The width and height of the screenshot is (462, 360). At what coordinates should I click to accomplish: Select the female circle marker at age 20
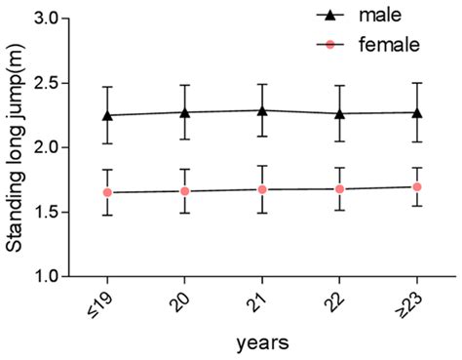click(185, 191)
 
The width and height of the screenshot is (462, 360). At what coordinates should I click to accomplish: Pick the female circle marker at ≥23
click(417, 186)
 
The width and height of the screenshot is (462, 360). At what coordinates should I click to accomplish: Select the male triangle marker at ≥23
click(417, 112)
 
